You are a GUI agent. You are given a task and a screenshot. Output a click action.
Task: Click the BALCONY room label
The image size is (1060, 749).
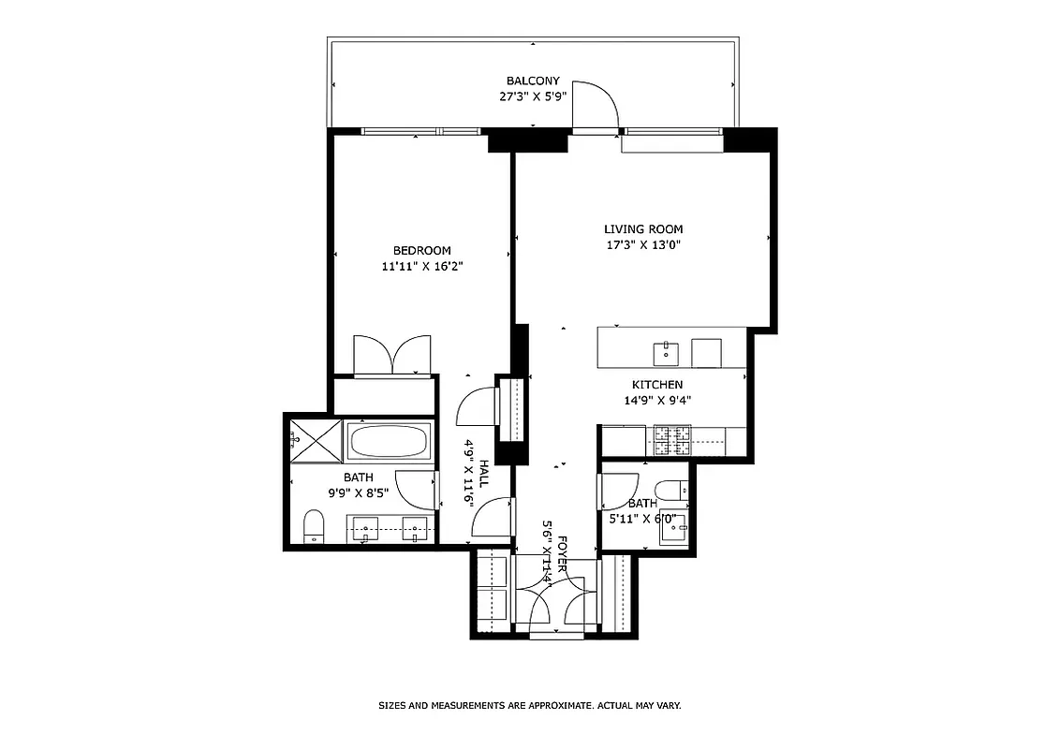pos(533,81)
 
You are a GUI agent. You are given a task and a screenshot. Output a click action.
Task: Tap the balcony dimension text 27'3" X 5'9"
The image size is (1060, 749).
pos(533,96)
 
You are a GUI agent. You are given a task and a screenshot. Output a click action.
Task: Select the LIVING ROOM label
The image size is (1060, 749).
pos(642,229)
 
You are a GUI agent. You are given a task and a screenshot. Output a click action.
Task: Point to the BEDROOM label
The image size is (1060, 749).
pos(421,251)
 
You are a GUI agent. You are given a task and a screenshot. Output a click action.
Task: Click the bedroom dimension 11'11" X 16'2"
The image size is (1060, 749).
pos(422,267)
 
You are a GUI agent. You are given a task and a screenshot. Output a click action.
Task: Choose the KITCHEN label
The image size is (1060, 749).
pos(656,385)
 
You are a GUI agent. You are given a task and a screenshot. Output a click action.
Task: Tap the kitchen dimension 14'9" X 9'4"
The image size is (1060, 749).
pos(656,401)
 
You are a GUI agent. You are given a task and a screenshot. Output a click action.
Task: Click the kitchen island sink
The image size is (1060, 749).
pos(666,353)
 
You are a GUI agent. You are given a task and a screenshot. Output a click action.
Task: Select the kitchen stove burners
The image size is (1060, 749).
pos(671,440)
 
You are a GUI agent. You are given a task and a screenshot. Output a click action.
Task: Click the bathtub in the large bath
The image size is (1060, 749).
pos(388,441)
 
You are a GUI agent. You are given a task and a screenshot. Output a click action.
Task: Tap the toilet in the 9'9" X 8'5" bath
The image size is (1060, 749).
pos(314,526)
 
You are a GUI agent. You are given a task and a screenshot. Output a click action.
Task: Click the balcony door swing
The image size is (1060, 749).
pos(594,105)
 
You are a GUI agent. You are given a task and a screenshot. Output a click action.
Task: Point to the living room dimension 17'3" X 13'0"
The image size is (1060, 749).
pos(642,245)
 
